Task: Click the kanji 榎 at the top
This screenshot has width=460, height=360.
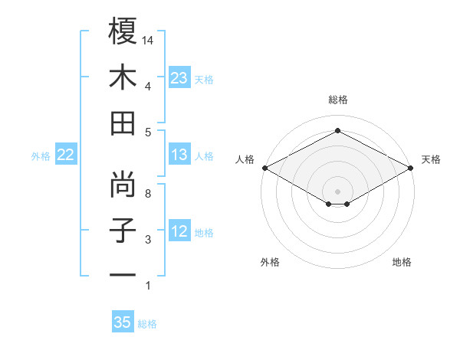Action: tap(123, 31)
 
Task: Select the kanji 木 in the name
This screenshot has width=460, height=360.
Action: tap(123, 78)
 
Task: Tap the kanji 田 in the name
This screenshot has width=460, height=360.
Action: tap(123, 124)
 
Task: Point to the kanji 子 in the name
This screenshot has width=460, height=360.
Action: tap(123, 231)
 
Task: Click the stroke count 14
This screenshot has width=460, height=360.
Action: tap(149, 39)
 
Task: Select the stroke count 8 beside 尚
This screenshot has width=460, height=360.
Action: tap(147, 194)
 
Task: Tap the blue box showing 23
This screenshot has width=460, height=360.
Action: tap(179, 77)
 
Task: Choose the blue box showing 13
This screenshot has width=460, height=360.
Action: tap(179, 155)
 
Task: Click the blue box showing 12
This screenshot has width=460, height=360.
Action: tap(179, 231)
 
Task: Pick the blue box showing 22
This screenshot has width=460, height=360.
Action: tap(65, 155)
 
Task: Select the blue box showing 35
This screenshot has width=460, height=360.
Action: tap(123, 322)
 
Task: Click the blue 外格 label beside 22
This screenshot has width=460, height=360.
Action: tap(41, 156)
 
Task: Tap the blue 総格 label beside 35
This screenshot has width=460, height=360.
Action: tap(147, 324)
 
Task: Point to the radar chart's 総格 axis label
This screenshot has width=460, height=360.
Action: tap(337, 100)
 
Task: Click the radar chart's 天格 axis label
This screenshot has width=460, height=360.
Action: tap(432, 159)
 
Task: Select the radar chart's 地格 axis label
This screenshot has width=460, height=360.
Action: tap(402, 262)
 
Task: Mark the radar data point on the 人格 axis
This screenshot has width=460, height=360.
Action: tap(264, 168)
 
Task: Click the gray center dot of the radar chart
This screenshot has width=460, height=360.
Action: tap(337, 190)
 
